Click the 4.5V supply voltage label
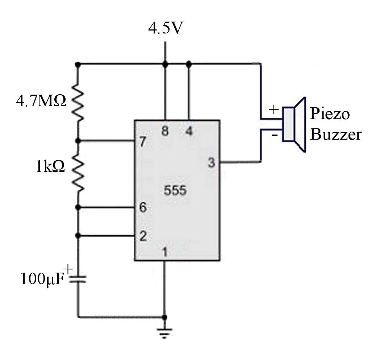coord(165,29)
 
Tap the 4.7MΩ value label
coord(41,101)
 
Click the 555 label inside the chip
coord(175,191)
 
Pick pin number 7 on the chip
coord(143,142)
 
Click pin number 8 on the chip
coord(165,131)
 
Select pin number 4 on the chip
coord(189,131)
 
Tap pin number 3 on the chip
coord(211,163)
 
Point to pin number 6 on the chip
coord(143,208)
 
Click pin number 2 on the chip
coord(143,237)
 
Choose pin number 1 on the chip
coord(165,252)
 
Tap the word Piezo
coord(330,114)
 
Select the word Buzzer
coord(336,135)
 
